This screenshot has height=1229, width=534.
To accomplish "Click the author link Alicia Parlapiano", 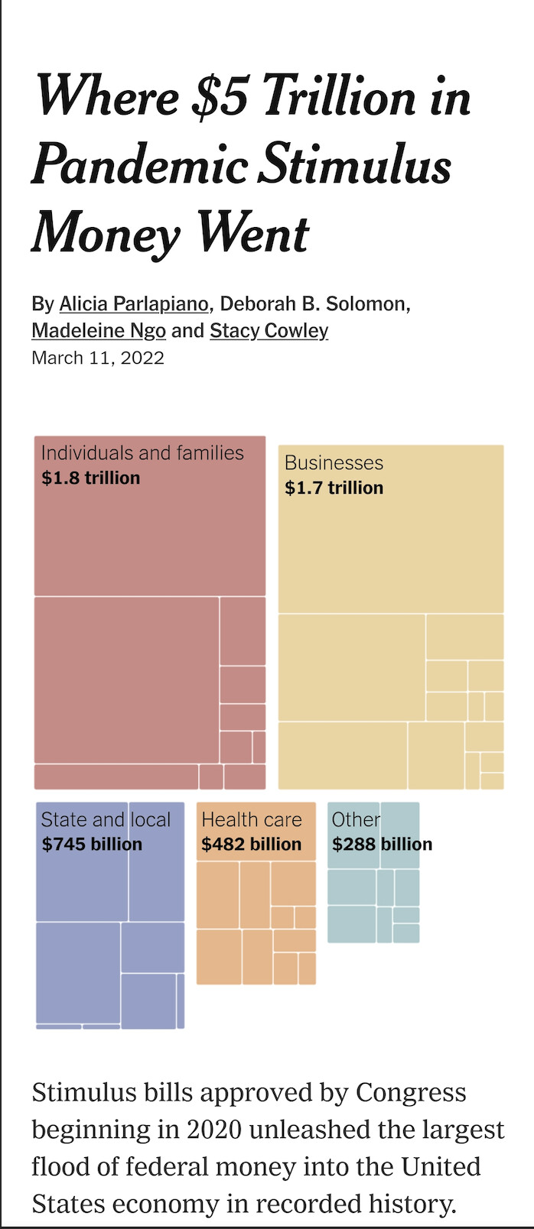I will [134, 304].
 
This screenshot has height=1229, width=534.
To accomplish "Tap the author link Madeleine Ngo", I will [99, 331].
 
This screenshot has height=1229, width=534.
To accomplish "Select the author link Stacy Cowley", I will [269, 331].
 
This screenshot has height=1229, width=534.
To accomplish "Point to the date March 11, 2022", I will [98, 358].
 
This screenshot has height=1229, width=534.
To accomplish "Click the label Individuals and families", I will [142, 453].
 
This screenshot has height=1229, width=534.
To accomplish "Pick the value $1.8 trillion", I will [91, 478].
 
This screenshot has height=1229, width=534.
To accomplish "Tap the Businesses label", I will [334, 463].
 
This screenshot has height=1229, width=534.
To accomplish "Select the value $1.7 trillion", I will [334, 488].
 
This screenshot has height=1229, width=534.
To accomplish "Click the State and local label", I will [106, 820].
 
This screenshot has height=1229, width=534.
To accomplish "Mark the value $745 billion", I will [92, 845].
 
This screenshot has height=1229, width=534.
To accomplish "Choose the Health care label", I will [252, 820].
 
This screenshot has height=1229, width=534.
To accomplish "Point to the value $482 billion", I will [252, 845].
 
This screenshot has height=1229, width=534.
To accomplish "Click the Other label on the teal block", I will [356, 820].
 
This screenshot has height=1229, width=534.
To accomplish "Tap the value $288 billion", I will [382, 845].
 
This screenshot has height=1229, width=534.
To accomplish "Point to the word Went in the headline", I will [252, 233].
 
